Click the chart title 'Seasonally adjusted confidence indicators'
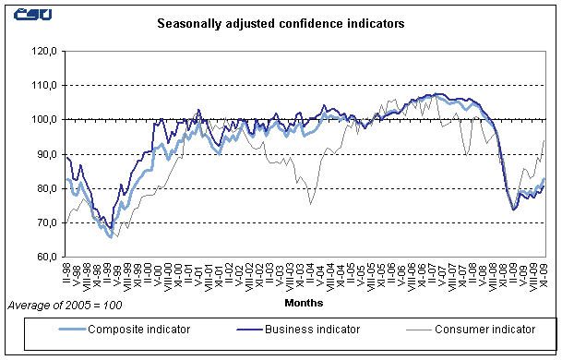point(280,25)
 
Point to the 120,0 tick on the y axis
point(45,51)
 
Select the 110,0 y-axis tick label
point(45,85)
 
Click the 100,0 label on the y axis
point(45,119)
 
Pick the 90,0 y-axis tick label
point(47,154)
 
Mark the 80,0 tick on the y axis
point(47,188)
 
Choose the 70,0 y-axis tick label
point(47,222)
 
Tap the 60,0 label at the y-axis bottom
point(47,257)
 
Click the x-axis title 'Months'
point(305,300)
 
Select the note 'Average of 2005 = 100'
point(64,305)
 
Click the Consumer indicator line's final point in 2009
point(544,140)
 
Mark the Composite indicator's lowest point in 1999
point(111,237)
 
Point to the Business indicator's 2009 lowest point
point(513,210)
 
